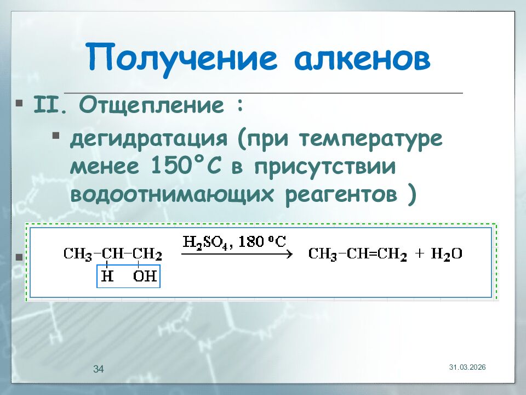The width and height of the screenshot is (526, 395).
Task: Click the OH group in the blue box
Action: [145, 276]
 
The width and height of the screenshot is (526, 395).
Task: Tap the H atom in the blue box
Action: [107, 276]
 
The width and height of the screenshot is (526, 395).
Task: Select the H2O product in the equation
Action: [447, 254]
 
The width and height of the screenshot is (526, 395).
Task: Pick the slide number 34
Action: [99, 369]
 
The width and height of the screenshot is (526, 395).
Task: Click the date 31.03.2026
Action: [467, 366]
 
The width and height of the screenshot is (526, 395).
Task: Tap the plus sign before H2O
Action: [420, 254]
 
